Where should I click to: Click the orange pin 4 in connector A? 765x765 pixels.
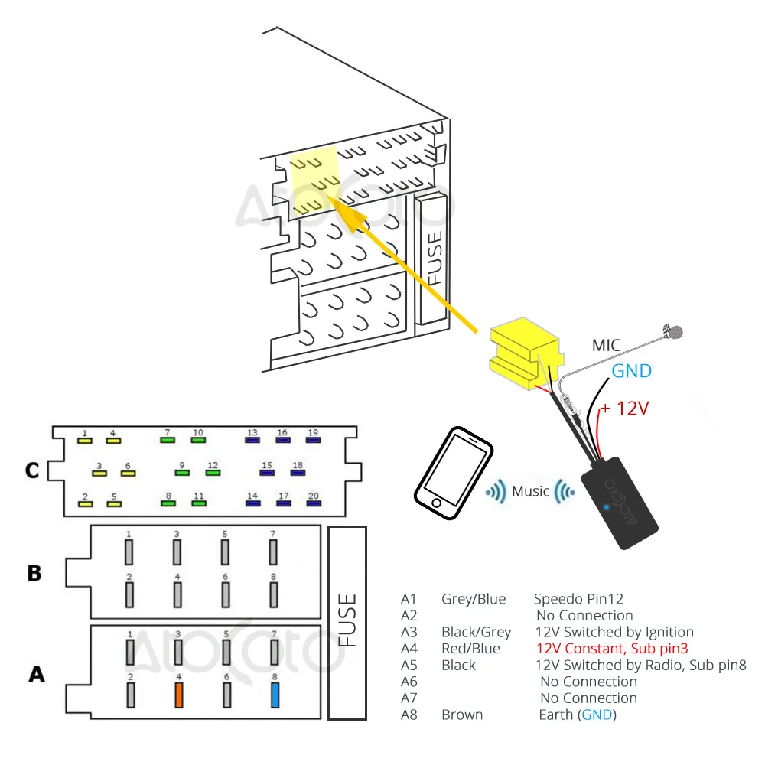179,694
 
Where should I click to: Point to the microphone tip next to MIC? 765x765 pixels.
675,332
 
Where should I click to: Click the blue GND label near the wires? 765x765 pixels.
631,372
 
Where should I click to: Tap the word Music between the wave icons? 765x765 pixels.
531,491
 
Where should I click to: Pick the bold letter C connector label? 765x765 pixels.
31,470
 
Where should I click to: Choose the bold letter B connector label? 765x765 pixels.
34,572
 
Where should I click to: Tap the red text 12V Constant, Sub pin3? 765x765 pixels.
612,649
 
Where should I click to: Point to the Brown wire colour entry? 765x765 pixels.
462,715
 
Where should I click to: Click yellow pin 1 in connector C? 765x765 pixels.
85,441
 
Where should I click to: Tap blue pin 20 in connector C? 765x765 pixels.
314,504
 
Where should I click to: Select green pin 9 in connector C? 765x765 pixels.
182,473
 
